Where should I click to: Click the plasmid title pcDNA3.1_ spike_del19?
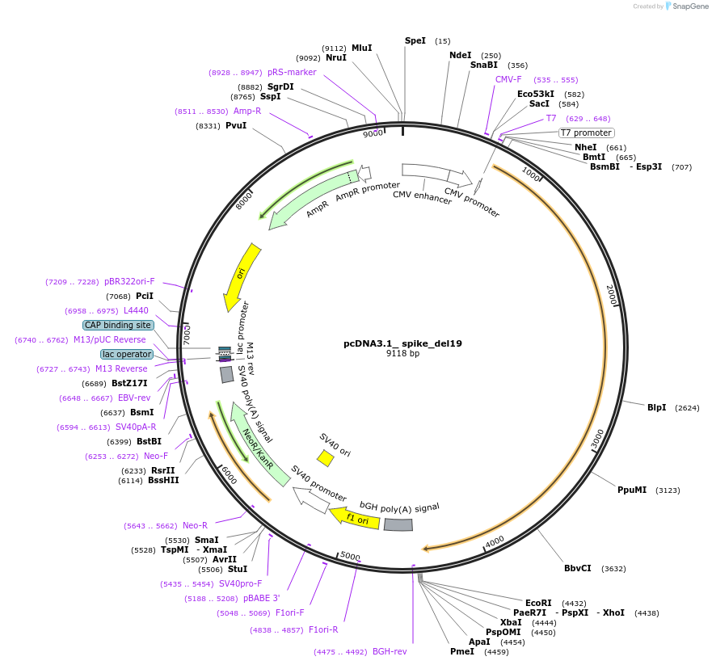tap(402, 343)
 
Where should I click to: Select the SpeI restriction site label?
tap(415, 40)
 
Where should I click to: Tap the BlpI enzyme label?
tap(656, 407)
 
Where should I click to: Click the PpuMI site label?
tap(632, 490)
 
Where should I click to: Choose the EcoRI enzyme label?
tap(538, 603)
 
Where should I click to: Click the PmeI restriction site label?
tap(462, 651)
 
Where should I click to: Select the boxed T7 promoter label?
tap(587, 133)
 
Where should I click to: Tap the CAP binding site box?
tap(118, 325)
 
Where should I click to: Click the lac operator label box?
tap(127, 354)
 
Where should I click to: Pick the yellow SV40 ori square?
tap(325, 458)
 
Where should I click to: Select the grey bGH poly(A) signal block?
tap(398, 524)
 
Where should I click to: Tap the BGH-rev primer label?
tap(390, 651)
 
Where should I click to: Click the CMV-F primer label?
tap(508, 79)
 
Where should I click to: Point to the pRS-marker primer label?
tap(292, 72)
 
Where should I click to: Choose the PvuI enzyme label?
tap(236, 126)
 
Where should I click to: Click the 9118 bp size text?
tap(402, 353)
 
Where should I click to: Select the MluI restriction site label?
tap(361, 48)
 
